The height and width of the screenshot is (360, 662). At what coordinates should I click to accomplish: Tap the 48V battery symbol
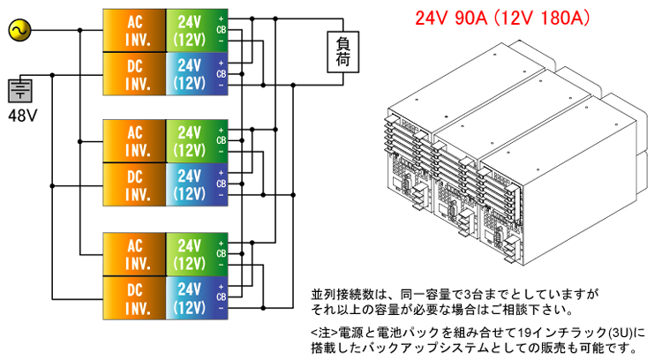[19, 91]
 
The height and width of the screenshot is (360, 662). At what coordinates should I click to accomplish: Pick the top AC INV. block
[134, 30]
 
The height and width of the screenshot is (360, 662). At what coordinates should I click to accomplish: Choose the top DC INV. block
[134, 74]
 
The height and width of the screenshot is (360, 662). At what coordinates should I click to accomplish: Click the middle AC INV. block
[134, 141]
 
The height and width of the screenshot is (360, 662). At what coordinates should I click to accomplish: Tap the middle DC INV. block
[134, 185]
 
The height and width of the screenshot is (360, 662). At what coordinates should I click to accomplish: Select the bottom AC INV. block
[134, 255]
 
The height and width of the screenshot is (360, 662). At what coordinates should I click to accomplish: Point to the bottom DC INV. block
[134, 298]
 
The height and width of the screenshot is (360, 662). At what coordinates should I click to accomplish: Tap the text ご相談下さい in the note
[533, 310]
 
